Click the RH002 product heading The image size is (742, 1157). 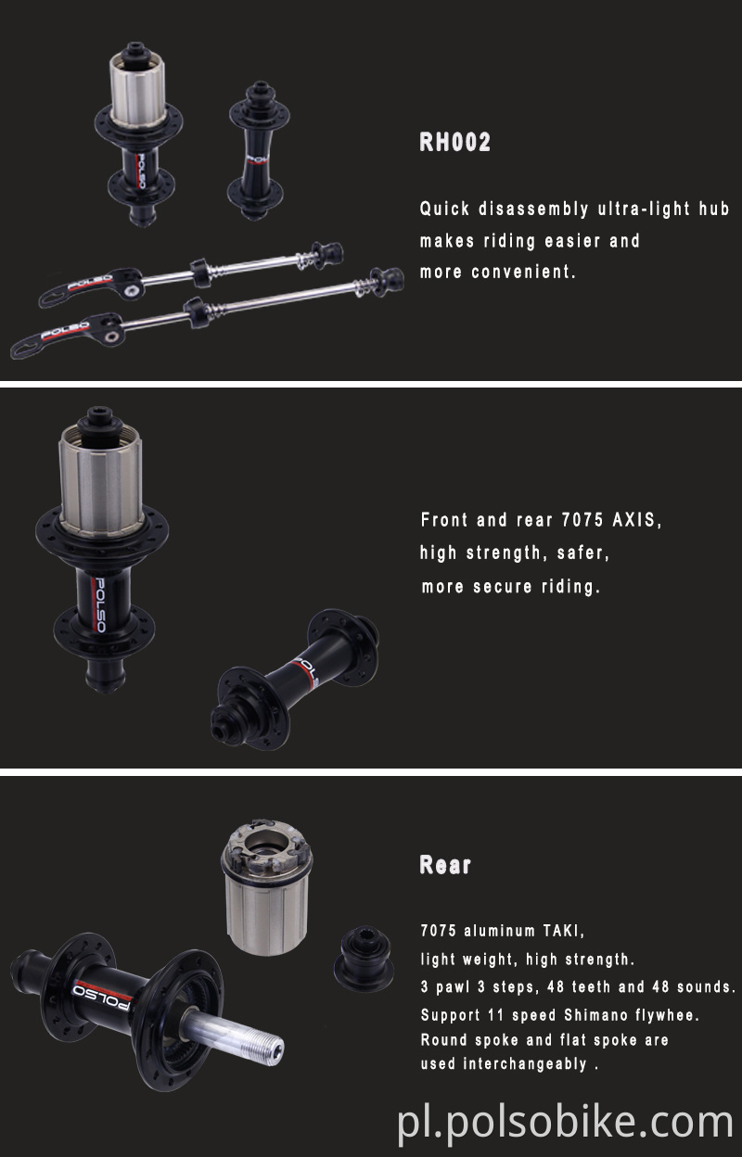click(454, 142)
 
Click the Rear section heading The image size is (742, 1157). click(445, 865)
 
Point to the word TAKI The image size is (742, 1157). click(562, 931)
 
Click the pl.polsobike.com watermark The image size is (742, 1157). click(566, 1123)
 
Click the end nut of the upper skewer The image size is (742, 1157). click(328, 251)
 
